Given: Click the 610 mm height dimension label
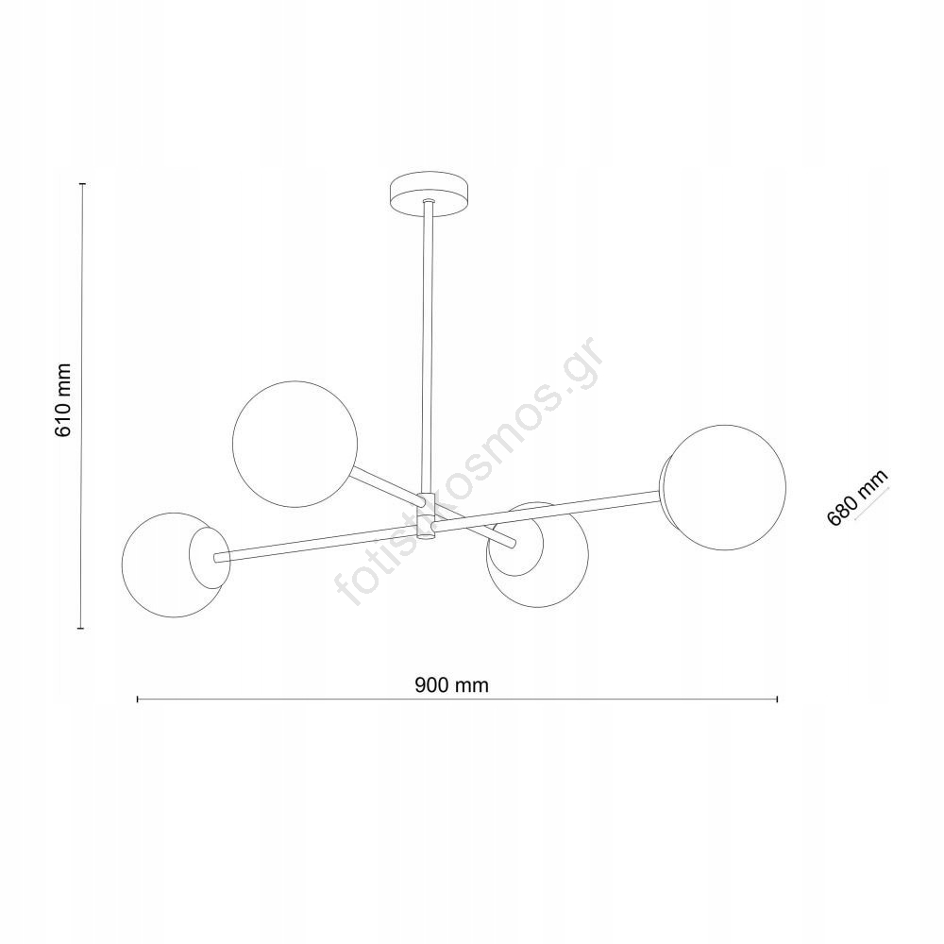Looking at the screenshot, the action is (x=63, y=401).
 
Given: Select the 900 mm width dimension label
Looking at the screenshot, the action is (x=451, y=684).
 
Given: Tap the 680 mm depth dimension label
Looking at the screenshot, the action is (x=857, y=497).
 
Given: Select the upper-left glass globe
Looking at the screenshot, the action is (x=295, y=444).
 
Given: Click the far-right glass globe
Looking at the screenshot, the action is (x=723, y=488).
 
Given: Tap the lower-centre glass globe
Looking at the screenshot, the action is (x=537, y=554).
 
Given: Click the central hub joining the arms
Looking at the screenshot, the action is (x=428, y=516).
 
